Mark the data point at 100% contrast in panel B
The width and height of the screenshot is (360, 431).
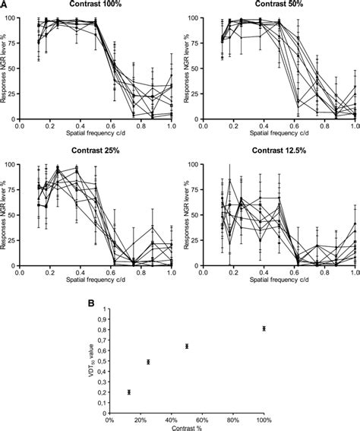coord(264,328)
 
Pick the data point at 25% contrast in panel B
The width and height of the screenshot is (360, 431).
coord(148,362)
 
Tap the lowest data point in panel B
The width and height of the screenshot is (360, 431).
coord(129,392)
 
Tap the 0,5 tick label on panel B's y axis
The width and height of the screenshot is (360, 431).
coord(100,362)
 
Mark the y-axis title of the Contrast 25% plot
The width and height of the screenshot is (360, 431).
coord(6,214)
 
